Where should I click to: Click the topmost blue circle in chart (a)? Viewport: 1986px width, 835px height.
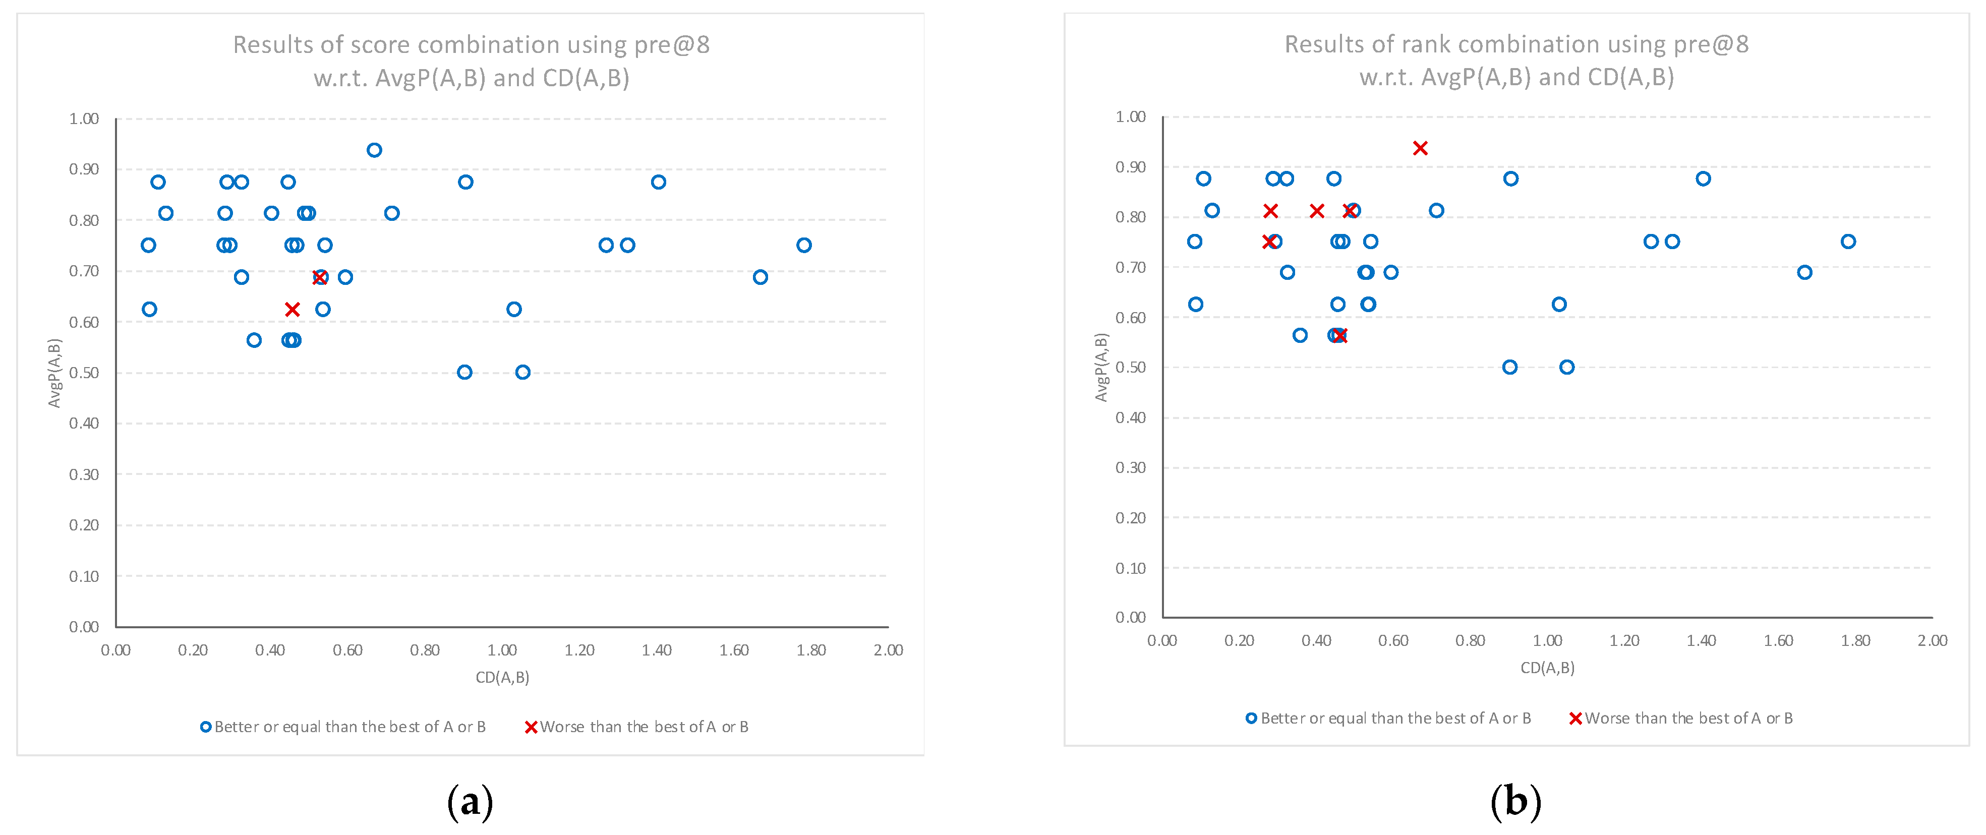pos(374,150)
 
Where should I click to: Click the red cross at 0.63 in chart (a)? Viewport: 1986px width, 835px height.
pos(292,309)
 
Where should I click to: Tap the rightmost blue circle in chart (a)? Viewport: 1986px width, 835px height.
pos(803,245)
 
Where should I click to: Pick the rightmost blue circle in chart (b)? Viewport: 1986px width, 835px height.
pos(1848,242)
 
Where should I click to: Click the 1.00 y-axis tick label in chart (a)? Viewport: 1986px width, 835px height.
pos(84,118)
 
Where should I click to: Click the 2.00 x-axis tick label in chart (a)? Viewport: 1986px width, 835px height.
pos(888,650)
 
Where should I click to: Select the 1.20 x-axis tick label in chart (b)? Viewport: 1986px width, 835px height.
pos(1624,640)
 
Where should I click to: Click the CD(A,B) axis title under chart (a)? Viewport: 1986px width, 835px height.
pos(502,677)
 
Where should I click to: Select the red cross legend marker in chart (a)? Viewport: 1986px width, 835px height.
pos(531,727)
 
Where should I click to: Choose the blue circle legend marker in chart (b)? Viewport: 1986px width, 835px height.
pos(1251,718)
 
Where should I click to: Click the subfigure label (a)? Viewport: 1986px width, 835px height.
pos(470,802)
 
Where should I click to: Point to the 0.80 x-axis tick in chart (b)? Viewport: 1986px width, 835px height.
pos(1470,640)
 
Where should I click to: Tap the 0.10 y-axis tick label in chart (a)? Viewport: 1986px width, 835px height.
pos(84,576)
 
